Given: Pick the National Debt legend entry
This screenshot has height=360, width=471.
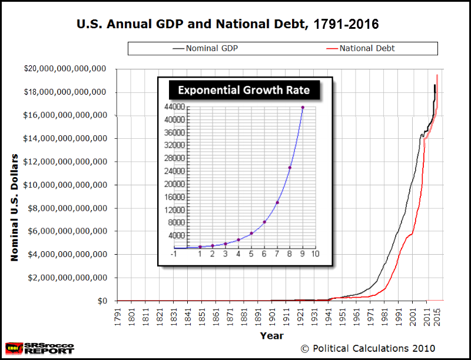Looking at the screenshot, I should (367, 48).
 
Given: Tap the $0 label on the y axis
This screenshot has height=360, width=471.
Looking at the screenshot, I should (103, 301).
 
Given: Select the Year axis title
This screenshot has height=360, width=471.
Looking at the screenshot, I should (271, 336).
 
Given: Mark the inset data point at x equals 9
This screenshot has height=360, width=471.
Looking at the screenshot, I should (303, 108).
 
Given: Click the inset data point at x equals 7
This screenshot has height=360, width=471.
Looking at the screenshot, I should (277, 203).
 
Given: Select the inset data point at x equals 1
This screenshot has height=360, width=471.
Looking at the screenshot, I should (200, 247).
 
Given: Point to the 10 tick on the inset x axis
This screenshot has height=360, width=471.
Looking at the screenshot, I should (316, 254).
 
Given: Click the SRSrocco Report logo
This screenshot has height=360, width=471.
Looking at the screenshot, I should (40, 348).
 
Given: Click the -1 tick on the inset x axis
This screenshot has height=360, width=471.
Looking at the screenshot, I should (174, 254).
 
